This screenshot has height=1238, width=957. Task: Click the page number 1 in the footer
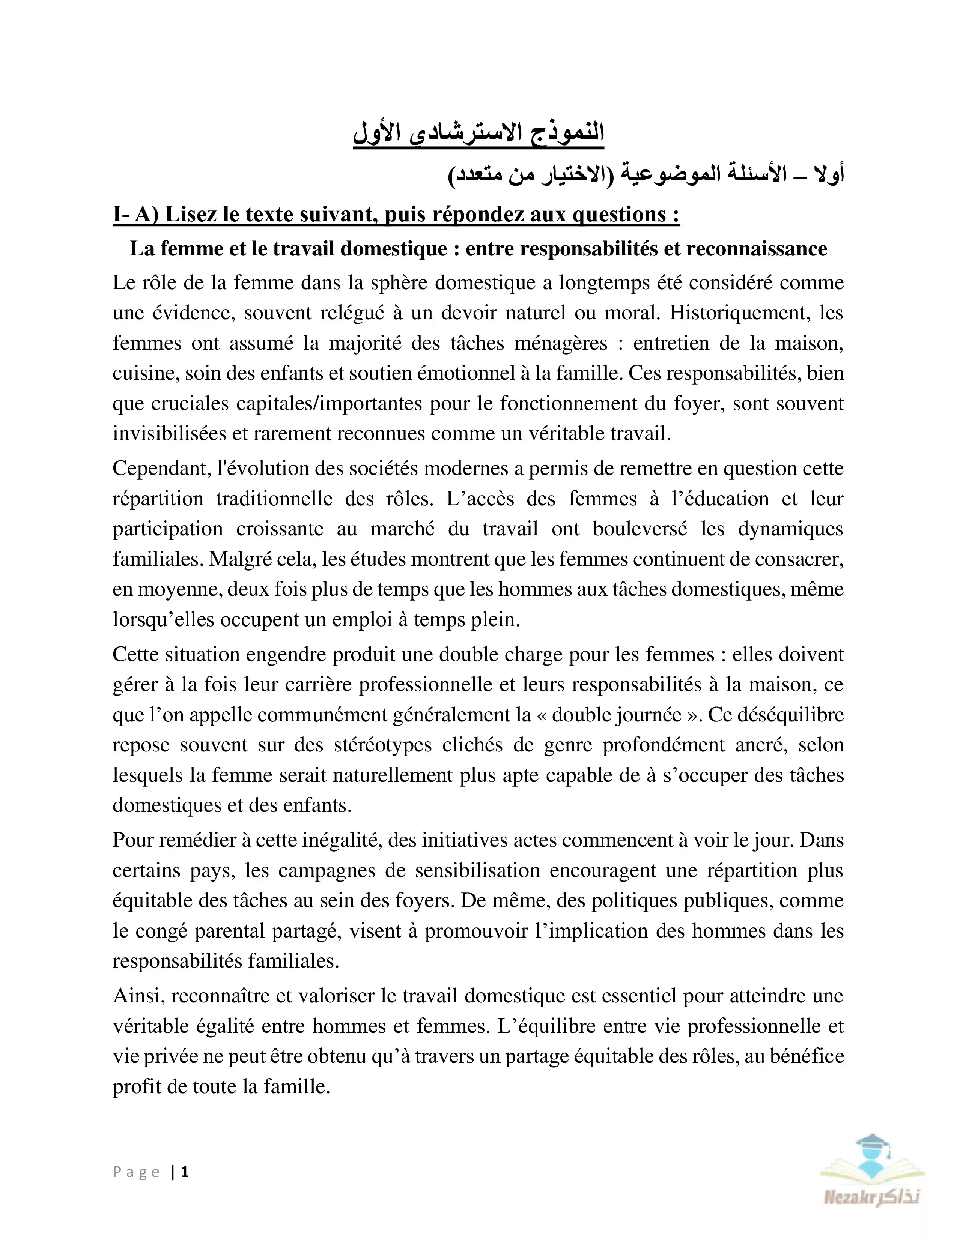point(185,1172)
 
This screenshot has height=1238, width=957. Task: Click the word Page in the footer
point(137,1172)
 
